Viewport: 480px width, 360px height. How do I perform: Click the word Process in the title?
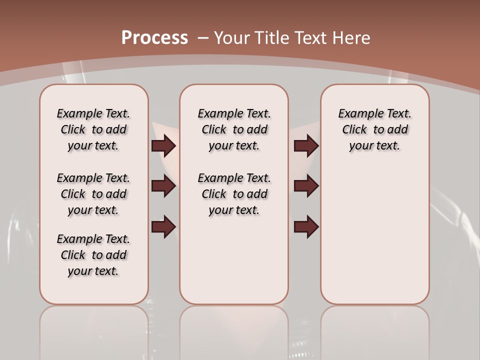click(x=154, y=38)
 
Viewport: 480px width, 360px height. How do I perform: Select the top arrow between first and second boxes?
click(x=163, y=145)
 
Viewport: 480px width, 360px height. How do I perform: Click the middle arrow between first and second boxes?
click(x=163, y=186)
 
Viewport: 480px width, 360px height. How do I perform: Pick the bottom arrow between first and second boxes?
click(x=163, y=227)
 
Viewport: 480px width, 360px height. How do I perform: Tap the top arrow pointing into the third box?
click(x=306, y=145)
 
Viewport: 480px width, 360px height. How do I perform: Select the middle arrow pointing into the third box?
click(x=306, y=186)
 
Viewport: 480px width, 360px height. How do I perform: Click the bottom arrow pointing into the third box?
click(x=306, y=227)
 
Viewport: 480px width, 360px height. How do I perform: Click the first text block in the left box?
click(x=93, y=129)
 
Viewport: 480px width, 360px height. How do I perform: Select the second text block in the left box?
click(x=93, y=194)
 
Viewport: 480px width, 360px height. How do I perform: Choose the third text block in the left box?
click(x=93, y=255)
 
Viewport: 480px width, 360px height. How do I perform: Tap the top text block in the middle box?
click(x=234, y=129)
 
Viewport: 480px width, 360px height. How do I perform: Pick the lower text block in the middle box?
click(x=234, y=194)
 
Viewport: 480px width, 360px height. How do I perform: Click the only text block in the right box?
click(x=374, y=129)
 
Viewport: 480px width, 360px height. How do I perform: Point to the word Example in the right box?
click(x=356, y=114)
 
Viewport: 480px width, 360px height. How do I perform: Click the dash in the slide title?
click(x=202, y=38)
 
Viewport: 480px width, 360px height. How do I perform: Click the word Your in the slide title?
click(x=233, y=38)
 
